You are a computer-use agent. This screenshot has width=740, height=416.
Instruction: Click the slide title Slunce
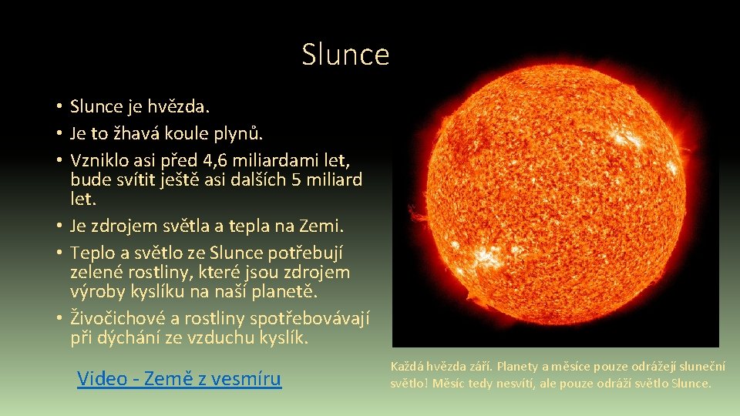(345, 55)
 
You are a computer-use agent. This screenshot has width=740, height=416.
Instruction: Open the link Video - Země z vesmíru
(179, 378)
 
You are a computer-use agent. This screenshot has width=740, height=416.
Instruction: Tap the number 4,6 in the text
(238, 160)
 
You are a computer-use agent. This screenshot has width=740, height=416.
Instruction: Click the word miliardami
(293, 160)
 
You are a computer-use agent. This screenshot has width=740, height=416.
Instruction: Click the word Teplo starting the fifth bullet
(92, 253)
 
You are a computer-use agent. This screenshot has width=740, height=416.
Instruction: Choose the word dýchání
(129, 337)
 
